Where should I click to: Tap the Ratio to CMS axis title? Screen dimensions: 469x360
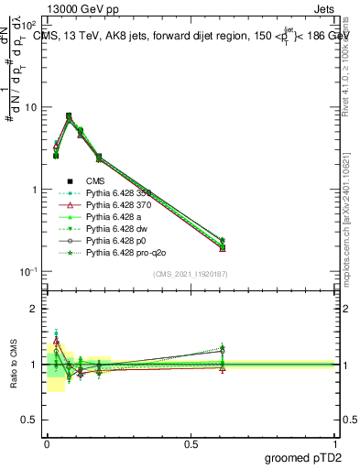click(x=12, y=365)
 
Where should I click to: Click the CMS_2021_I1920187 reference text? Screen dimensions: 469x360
click(x=191, y=274)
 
